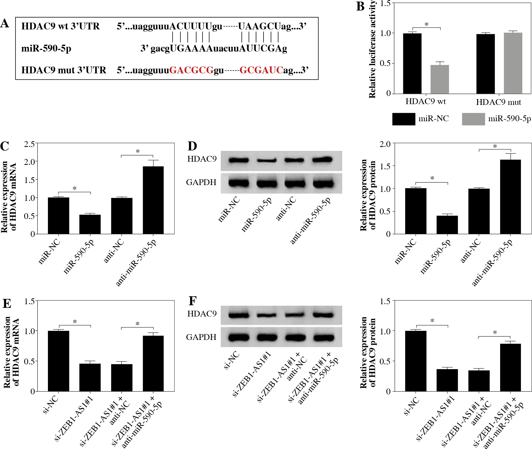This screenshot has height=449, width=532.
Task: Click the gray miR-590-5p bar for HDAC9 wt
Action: pyautogui.click(x=440, y=79)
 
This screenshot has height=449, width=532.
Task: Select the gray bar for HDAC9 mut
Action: pyautogui.click(x=513, y=63)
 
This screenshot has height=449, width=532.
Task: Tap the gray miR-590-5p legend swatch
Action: pyautogui.click(x=473, y=119)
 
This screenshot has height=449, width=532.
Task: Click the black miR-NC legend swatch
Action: pyautogui.click(x=404, y=119)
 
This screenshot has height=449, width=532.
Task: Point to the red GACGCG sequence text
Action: pyautogui.click(x=191, y=70)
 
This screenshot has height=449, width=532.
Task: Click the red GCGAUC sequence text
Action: pyautogui.click(x=261, y=70)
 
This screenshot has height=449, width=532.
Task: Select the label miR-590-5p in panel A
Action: pyautogui.click(x=46, y=48)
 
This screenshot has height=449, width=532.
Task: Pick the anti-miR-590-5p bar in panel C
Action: pyautogui.click(x=153, y=200)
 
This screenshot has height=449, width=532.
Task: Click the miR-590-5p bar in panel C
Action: pyautogui.click(x=90, y=224)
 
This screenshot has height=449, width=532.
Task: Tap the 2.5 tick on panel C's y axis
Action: pyautogui.click(x=29, y=144)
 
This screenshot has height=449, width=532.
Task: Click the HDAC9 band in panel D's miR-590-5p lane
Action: pyautogui.click(x=267, y=160)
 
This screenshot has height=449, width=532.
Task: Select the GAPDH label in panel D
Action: pyautogui.click(x=201, y=182)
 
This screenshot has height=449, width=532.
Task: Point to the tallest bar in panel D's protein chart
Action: pyautogui.click(x=510, y=197)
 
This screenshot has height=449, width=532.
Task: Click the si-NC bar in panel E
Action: pyautogui.click(x=58, y=361)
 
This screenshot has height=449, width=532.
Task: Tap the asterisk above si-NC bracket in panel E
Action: pyautogui.click(x=75, y=322)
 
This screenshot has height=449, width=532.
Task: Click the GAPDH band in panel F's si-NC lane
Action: pyautogui.click(x=238, y=338)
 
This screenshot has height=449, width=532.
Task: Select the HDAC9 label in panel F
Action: pyautogui.click(x=202, y=314)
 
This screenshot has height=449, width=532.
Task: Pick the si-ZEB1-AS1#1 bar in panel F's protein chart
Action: pyautogui.click(x=447, y=380)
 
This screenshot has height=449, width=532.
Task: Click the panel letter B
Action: pyautogui.click(x=360, y=7)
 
